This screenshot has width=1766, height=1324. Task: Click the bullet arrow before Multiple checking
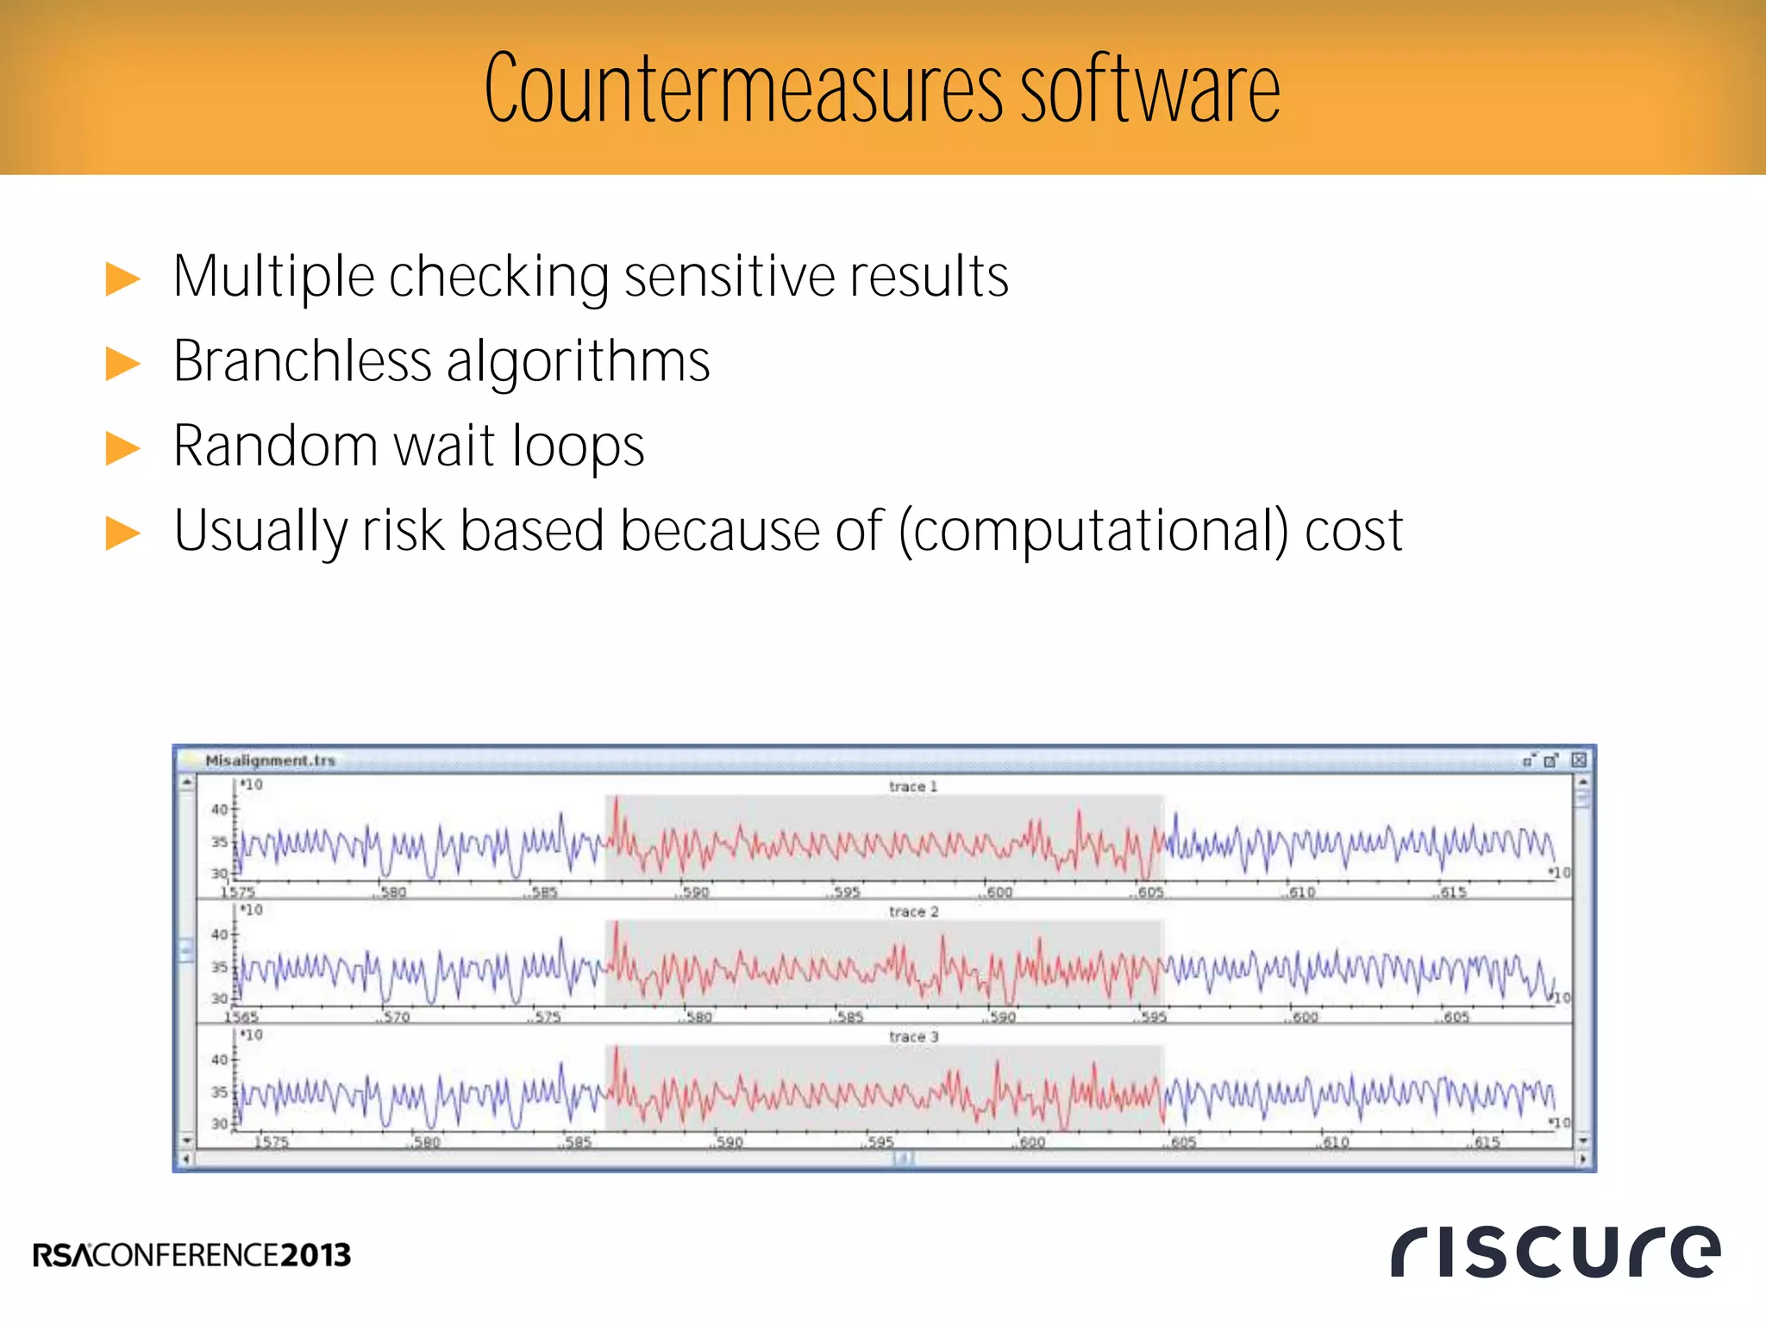click(x=122, y=279)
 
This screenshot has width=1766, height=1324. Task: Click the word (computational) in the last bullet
click(x=1093, y=530)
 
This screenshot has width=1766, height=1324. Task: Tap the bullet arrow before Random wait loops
click(x=122, y=448)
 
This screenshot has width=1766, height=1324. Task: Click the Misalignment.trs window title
click(x=270, y=760)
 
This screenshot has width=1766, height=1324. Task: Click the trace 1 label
click(x=912, y=786)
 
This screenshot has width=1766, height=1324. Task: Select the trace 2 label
click(x=913, y=911)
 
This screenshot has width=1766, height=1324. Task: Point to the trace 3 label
click(x=913, y=1036)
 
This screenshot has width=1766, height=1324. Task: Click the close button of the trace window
click(x=1579, y=759)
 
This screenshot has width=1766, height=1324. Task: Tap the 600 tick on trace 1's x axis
click(x=999, y=892)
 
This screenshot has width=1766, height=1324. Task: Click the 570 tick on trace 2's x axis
click(x=396, y=1017)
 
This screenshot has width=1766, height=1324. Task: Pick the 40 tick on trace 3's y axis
click(x=219, y=1059)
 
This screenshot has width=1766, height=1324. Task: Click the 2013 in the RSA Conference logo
click(x=316, y=1255)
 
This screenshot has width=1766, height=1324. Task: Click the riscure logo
click(x=1555, y=1251)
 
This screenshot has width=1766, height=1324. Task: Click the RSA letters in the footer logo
click(x=62, y=1255)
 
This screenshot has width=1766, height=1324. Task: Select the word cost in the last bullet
click(x=1354, y=530)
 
